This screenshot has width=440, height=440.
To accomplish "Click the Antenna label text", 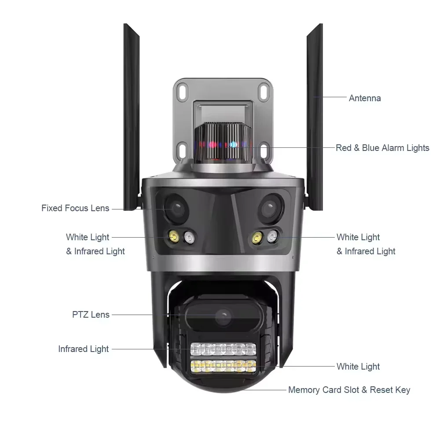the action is pyautogui.click(x=365, y=98).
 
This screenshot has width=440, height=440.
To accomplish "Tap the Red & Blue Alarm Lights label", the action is pyautogui.click(x=382, y=148).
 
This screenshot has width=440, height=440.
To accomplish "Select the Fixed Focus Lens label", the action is pyautogui.click(x=75, y=208).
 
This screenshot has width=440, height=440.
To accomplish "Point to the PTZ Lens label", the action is pyautogui.click(x=91, y=315).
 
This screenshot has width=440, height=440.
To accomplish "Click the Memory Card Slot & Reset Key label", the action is pyautogui.click(x=349, y=390).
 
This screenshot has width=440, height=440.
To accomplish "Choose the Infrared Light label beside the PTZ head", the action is pyautogui.click(x=84, y=349).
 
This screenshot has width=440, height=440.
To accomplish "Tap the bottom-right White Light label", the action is pyautogui.click(x=358, y=367).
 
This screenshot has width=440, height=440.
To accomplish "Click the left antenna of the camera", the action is pyautogui.click(x=132, y=114).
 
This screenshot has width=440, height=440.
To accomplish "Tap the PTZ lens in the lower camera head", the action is pyautogui.click(x=223, y=316).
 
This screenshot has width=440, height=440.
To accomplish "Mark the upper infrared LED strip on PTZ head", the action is pyautogui.click(x=223, y=350).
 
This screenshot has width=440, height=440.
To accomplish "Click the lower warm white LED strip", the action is pyautogui.click(x=223, y=365).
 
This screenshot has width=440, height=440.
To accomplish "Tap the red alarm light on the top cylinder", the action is pyautogui.click(x=213, y=144).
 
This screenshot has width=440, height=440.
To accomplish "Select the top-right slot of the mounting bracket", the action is pyautogui.click(x=264, y=92).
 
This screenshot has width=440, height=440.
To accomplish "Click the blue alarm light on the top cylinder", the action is pyautogui.click(x=233, y=144).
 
